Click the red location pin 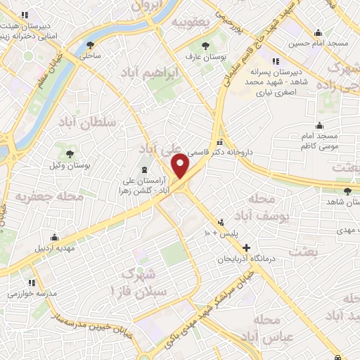[x=181, y=166]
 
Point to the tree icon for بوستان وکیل [x=70, y=154]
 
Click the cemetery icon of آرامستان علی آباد [x=145, y=170]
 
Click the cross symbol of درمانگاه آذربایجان [x=246, y=247]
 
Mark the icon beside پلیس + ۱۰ [x=221, y=221]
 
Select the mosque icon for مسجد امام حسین [x=318, y=32]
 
